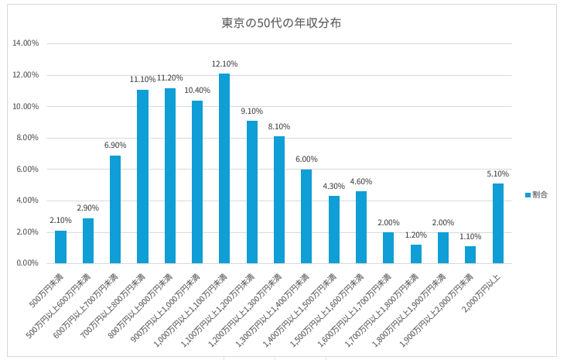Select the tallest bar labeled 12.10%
(224, 168)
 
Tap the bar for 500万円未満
(60, 247)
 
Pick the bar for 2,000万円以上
(497, 223)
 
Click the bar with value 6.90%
(115, 209)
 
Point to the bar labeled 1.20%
(415, 254)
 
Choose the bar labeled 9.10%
(252, 192)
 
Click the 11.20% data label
(169, 78)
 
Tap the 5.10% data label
(497, 173)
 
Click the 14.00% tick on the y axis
(26, 43)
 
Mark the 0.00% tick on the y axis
(28, 263)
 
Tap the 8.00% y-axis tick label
(28, 138)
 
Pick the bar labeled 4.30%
(333, 229)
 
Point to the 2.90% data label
(87, 208)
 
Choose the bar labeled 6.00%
(306, 216)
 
